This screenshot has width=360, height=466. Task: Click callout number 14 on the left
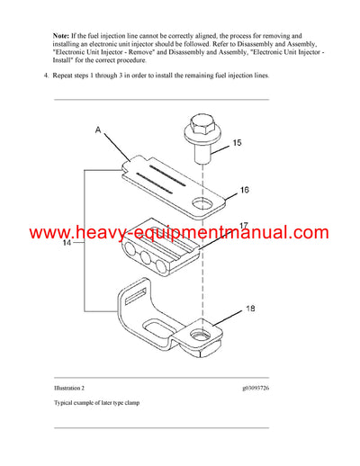[x=67, y=243]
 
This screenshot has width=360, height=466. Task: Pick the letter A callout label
[x=99, y=130]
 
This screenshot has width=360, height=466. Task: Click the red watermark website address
[x=180, y=233]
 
